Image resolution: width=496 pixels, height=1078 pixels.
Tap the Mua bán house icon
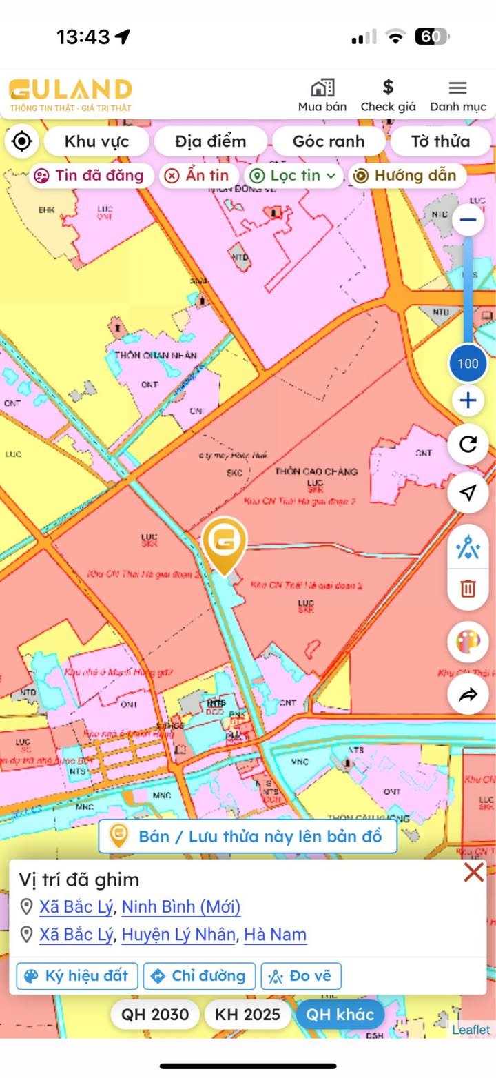tap(322, 88)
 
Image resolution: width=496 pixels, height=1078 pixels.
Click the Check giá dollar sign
tap(389, 88)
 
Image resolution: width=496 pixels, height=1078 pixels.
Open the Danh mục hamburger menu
tap(458, 88)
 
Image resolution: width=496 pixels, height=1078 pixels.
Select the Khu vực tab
tap(96, 141)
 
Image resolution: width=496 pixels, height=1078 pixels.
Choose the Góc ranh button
tap(329, 141)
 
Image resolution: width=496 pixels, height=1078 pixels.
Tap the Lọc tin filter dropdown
tap(294, 176)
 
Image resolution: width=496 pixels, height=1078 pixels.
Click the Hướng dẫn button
tap(406, 176)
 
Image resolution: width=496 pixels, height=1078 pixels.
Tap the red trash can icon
tap(468, 589)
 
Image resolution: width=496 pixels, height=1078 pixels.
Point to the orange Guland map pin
tap(224, 545)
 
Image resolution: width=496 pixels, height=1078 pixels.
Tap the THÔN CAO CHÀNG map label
tap(316, 471)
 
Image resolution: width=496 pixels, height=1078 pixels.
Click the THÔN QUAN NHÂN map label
tap(156, 355)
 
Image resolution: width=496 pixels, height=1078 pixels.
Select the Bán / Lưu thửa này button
tap(248, 837)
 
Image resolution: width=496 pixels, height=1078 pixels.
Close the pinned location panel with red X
tap(474, 873)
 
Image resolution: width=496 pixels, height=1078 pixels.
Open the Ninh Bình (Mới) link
tap(181, 906)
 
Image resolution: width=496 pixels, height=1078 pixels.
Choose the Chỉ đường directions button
tap(199, 976)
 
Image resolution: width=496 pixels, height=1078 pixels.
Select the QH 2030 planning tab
tap(155, 1015)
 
